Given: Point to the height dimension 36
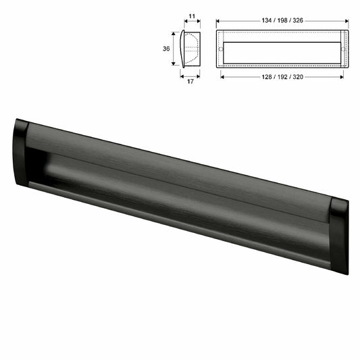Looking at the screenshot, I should [x=166, y=48].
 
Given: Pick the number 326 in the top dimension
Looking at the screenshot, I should [x=299, y=20].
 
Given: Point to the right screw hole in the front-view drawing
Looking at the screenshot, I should [x=342, y=49].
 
